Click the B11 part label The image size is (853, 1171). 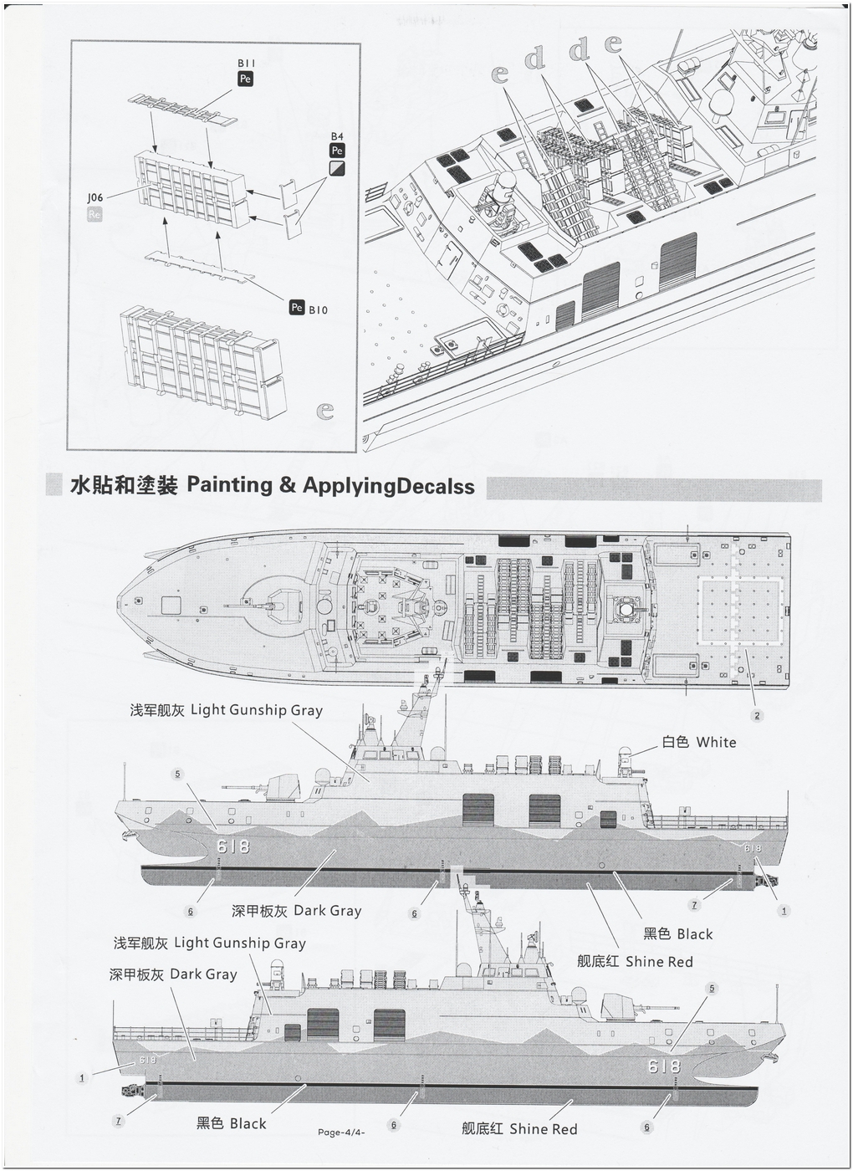click(x=246, y=63)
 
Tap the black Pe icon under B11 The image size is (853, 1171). click(x=245, y=79)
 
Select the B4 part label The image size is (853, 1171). click(x=337, y=136)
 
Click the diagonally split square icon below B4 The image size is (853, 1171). click(x=337, y=168)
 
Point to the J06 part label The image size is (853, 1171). click(x=94, y=197)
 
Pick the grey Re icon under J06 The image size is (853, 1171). click(x=94, y=214)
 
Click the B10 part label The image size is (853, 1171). click(x=318, y=310)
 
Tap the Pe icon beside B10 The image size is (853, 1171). click(x=296, y=308)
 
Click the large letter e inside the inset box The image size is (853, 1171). click(x=325, y=411)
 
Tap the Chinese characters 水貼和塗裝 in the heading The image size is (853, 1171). click(x=125, y=486)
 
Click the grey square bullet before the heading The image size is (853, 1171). click(x=54, y=485)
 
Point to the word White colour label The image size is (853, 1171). click(x=716, y=742)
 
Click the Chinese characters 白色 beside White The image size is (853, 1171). click(x=676, y=742)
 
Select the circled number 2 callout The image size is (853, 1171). click(x=757, y=715)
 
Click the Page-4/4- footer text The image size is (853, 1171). click(x=342, y=1133)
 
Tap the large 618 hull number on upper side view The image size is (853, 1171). click(x=232, y=846)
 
